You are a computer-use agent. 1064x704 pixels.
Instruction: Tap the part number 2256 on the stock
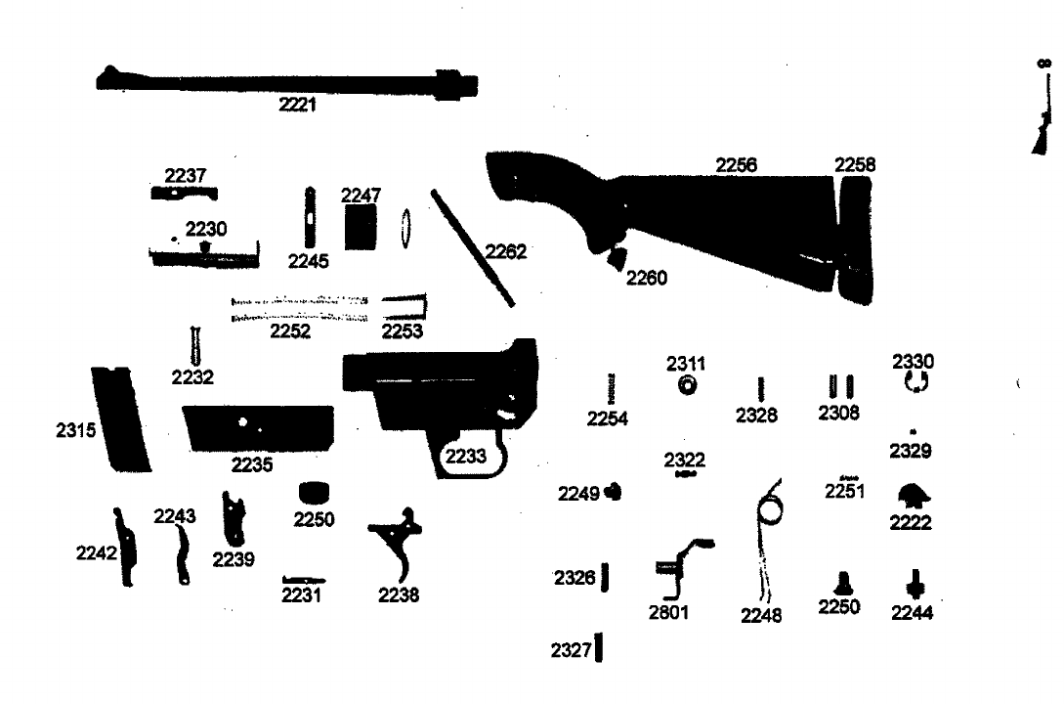737,166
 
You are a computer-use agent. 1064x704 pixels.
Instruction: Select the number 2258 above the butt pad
855,165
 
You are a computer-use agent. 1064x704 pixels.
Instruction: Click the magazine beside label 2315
120,418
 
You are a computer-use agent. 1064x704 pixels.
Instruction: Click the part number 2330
914,362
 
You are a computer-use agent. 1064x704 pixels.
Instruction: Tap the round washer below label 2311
687,387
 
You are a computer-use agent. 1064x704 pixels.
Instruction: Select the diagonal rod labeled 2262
473,245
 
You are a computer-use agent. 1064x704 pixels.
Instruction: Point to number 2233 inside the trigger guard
466,456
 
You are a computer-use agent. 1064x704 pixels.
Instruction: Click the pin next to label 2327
598,647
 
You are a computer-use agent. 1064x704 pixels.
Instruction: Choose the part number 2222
910,523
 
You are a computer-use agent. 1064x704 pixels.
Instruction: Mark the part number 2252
290,331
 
